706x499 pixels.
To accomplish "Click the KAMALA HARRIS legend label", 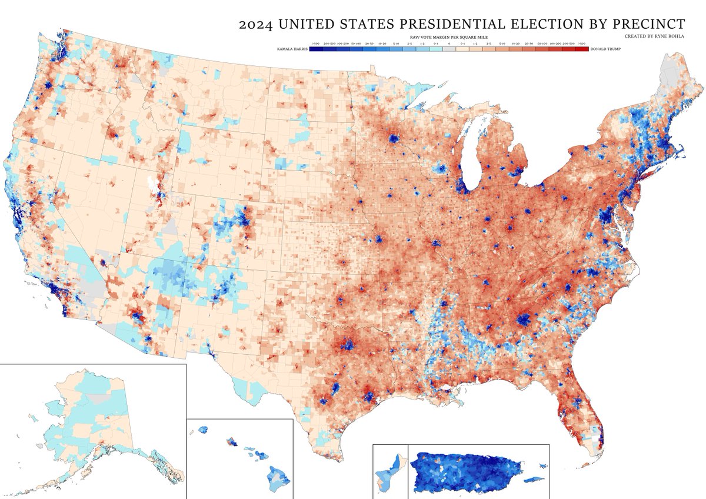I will point(292,49).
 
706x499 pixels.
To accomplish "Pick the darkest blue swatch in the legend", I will point(316,49).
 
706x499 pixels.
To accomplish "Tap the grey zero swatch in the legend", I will point(448,49).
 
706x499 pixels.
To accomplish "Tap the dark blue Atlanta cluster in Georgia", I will point(522,320).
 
